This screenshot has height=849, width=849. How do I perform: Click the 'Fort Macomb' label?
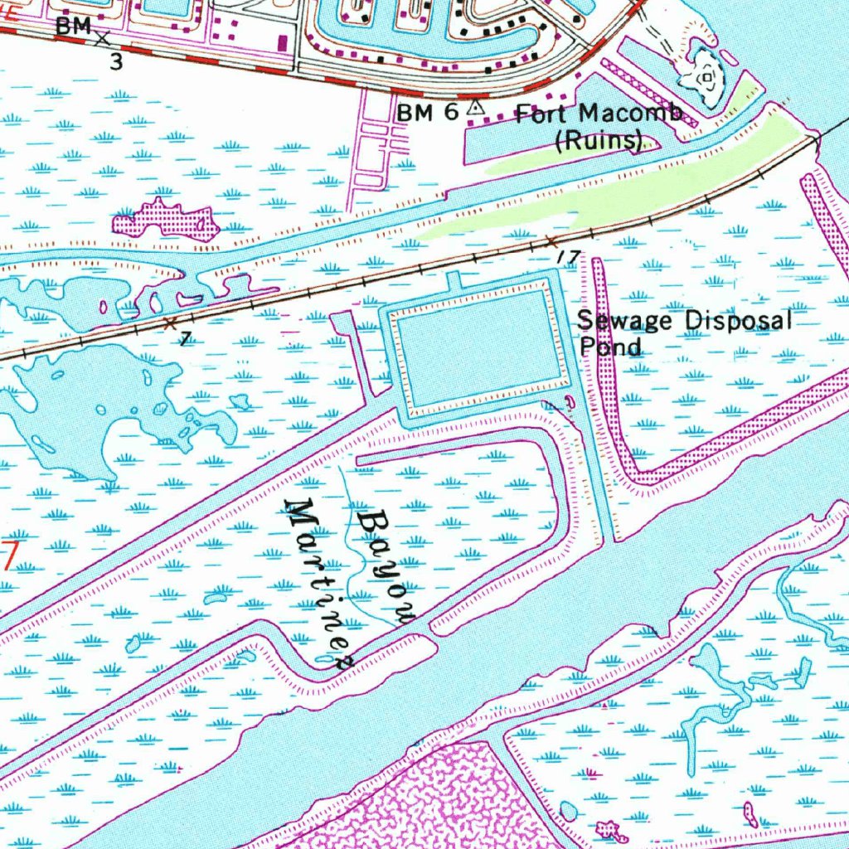coord(599,114)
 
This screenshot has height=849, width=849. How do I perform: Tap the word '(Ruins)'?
coord(599,141)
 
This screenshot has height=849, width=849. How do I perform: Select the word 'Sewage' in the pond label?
coord(613,321)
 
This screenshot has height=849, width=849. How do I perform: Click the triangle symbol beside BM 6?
coord(475,108)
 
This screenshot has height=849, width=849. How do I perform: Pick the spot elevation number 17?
coord(569,258)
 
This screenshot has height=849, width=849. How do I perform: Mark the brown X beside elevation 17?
coord(551,241)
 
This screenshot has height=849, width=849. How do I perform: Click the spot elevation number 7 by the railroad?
coord(184,339)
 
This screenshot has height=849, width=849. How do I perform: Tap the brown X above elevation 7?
coord(171,322)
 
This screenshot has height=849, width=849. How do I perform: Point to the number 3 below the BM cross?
coord(116,61)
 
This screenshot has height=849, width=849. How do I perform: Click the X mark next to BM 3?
coord(103,37)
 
